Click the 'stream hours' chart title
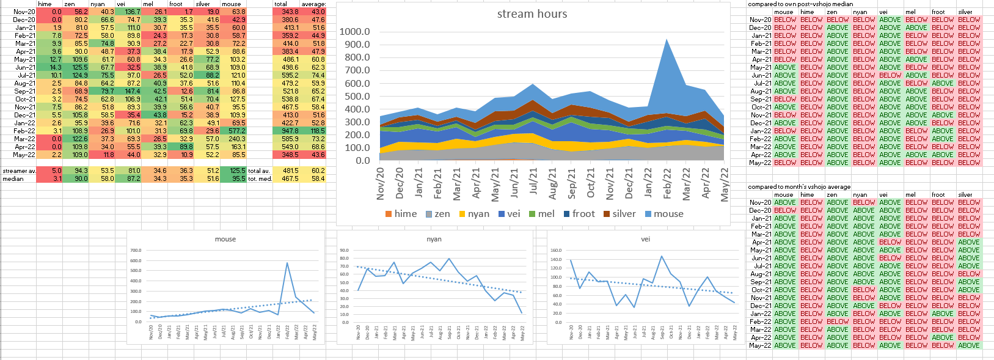532,14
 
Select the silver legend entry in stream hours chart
619,214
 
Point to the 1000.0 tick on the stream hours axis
355,32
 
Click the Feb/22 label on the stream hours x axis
667,183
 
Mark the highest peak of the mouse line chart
287,263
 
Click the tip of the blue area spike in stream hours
666,40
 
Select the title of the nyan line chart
434,239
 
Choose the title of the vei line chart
645,239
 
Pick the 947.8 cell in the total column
290,131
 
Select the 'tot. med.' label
260,179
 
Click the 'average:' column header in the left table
313,4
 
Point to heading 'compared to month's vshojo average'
799,187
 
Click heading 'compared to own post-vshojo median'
800,4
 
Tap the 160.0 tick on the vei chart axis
555,251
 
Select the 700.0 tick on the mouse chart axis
135,251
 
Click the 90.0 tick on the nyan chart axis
344,251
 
